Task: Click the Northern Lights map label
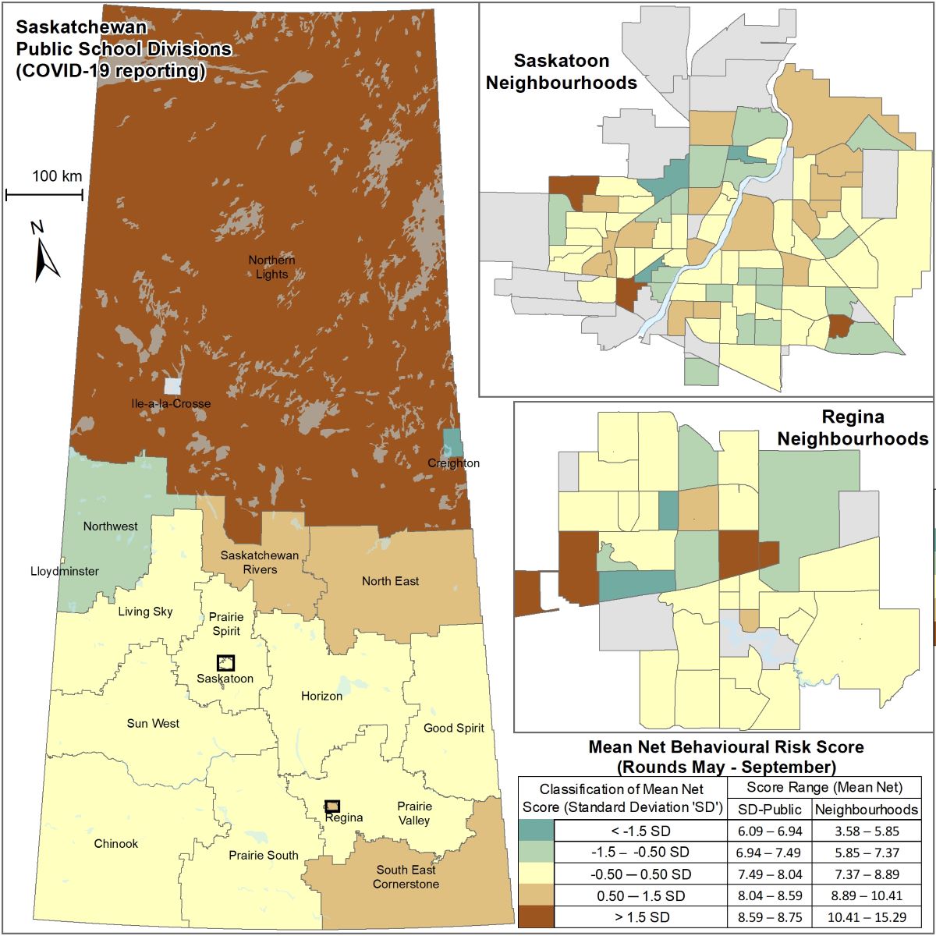point(271,267)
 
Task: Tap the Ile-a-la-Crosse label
point(171,403)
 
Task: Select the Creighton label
point(453,463)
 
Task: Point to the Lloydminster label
point(65,571)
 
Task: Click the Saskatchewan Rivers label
point(260,562)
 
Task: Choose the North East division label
point(390,581)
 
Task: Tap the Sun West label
point(153,723)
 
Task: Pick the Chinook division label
point(116,843)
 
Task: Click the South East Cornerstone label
point(406,877)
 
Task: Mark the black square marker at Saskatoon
point(225,663)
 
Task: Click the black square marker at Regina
point(332,806)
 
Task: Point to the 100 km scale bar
point(44,193)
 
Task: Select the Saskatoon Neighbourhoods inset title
point(561,72)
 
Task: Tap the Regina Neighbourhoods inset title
point(853,427)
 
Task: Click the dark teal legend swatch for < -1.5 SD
point(536,831)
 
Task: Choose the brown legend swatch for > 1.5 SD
point(536,917)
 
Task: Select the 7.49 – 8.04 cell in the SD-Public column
point(769,874)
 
